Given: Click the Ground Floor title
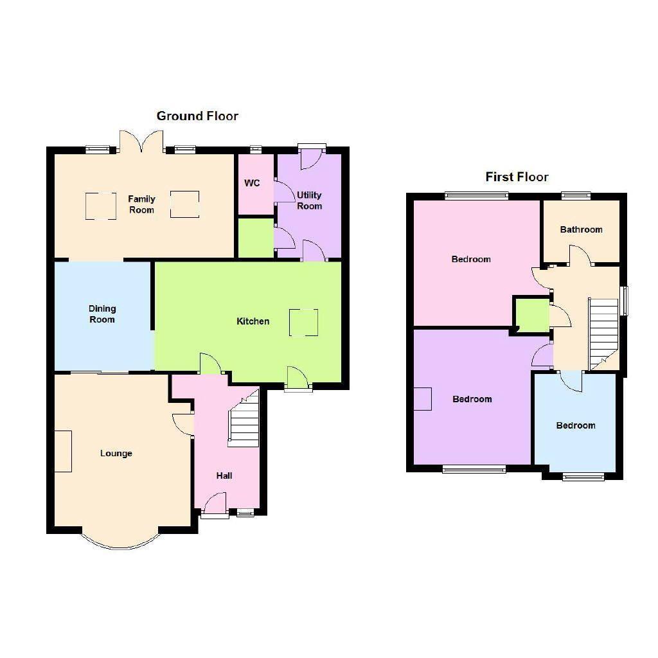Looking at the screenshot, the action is (x=197, y=116).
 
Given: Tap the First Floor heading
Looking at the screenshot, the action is (x=517, y=177).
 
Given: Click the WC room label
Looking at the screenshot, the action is (x=252, y=183).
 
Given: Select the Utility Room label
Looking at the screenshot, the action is (x=309, y=200).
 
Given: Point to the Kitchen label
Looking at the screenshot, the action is (x=253, y=321).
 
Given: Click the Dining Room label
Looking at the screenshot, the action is (x=102, y=314).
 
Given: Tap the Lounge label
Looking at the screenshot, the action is (x=116, y=453).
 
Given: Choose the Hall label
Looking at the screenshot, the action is (x=224, y=476).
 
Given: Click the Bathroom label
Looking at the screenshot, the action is (x=581, y=229).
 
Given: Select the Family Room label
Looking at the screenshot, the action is (x=141, y=204).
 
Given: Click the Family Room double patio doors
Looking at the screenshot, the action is (x=141, y=142).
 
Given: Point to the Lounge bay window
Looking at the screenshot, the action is (x=120, y=539).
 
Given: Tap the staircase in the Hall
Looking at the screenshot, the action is (x=244, y=419).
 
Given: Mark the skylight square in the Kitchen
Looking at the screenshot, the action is (x=303, y=323).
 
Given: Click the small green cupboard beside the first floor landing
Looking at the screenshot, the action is (x=532, y=315).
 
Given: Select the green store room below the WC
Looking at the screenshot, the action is (x=256, y=238).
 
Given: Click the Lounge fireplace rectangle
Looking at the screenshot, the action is (x=63, y=451).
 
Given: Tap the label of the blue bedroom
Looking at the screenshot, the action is (x=575, y=425).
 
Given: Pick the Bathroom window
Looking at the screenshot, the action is (x=576, y=195).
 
